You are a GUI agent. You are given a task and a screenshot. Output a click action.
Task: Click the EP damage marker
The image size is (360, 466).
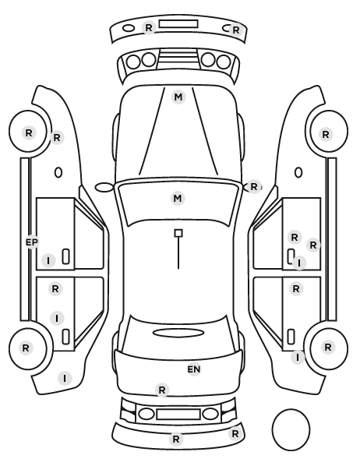[32, 242]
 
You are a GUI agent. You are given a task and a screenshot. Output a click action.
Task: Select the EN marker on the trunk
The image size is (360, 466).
[194, 369]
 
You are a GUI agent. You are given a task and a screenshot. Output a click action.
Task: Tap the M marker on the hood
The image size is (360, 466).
[178, 97]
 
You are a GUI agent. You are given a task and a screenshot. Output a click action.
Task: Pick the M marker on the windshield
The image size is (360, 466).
[178, 198]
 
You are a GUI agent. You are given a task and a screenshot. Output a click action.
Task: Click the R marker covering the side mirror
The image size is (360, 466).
[253, 187]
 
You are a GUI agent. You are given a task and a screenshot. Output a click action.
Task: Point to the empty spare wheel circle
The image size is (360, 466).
[291, 429]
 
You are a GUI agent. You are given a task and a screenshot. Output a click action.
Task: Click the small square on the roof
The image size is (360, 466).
[178, 233]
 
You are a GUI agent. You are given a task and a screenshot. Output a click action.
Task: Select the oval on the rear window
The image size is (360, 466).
[178, 333]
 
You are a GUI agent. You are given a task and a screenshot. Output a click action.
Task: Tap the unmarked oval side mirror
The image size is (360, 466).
[104, 187]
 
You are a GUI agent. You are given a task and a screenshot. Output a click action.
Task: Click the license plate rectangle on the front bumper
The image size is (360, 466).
[178, 24]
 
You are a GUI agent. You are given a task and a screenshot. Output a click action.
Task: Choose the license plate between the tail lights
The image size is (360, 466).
[178, 414]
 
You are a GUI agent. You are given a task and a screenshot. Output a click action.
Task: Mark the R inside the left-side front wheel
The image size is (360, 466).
[29, 132]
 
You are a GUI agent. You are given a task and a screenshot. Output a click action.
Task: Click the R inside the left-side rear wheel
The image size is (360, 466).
[26, 348]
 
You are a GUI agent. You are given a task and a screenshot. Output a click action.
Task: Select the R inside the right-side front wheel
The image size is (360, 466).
[326, 135]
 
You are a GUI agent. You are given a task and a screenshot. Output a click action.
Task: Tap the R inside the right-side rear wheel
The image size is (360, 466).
[328, 347]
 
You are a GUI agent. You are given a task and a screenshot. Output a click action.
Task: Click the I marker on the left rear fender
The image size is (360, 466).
[65, 378]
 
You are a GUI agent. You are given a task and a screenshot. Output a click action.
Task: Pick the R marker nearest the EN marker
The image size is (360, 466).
[162, 390]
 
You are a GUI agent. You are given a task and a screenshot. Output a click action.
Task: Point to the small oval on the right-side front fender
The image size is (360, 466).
[298, 172]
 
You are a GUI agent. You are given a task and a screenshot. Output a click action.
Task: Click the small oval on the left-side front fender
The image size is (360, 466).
[58, 172]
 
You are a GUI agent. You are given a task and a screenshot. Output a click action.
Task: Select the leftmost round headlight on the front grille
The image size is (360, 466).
[133, 62]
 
